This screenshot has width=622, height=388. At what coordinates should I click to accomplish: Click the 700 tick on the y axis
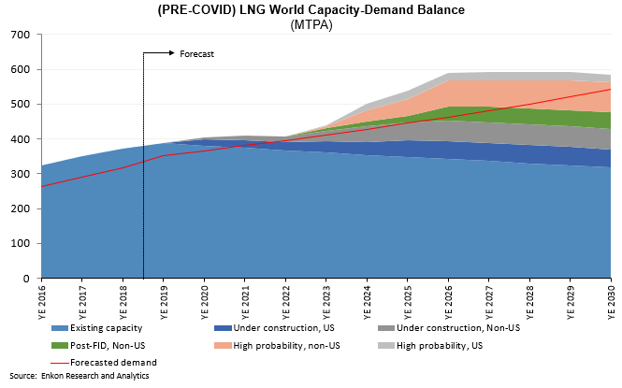(21, 35)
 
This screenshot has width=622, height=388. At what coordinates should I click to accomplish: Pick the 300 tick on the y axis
(21, 174)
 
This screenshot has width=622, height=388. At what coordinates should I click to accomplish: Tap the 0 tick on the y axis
(26, 279)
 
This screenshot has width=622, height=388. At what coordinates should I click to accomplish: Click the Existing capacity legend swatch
(60, 328)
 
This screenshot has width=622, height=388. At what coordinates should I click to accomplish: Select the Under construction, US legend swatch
(223, 328)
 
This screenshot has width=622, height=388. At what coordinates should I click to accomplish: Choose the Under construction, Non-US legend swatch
(386, 328)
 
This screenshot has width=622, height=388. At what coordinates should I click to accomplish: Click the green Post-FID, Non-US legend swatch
(60, 346)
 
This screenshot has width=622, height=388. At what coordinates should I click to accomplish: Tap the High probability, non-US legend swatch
(223, 346)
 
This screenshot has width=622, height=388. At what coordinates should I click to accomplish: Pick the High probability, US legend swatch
(386, 346)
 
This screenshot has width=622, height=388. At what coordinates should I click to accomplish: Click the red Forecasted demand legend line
(60, 363)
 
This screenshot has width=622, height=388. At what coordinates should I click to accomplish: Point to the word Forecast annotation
(196, 54)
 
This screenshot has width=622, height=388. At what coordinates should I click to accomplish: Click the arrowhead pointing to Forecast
(172, 52)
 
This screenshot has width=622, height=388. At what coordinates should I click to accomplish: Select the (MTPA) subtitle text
(311, 25)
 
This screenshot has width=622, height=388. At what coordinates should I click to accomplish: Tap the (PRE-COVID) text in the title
(196, 10)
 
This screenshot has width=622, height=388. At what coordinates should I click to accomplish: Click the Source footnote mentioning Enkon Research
(80, 376)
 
